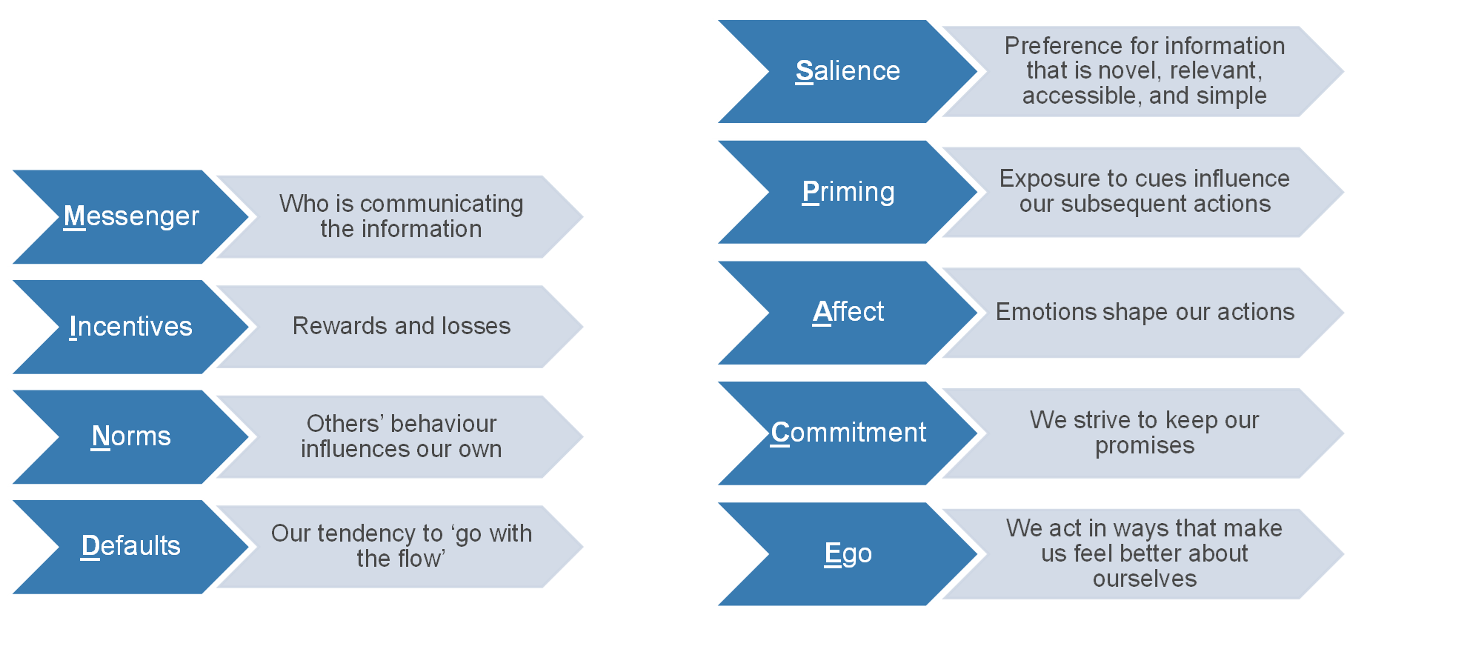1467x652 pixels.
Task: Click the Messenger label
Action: [131, 216]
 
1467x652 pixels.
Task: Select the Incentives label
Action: [131, 326]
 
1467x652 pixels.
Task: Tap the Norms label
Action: [131, 436]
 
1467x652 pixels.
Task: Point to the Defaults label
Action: [131, 545]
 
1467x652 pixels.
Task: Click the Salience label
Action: [848, 70]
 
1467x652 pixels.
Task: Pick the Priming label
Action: [848, 192]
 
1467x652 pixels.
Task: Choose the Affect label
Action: [848, 311]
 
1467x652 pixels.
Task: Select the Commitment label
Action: [848, 432]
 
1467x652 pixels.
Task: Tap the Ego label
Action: [848, 553]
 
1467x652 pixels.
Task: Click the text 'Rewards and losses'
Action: [402, 326]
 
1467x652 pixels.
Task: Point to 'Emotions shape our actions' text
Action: [1145, 312]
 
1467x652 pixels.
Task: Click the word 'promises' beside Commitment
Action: [1145, 445]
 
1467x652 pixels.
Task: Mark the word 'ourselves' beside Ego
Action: [1145, 579]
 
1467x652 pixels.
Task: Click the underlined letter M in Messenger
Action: [75, 216]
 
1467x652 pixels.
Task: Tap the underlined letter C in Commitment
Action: [781, 433]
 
